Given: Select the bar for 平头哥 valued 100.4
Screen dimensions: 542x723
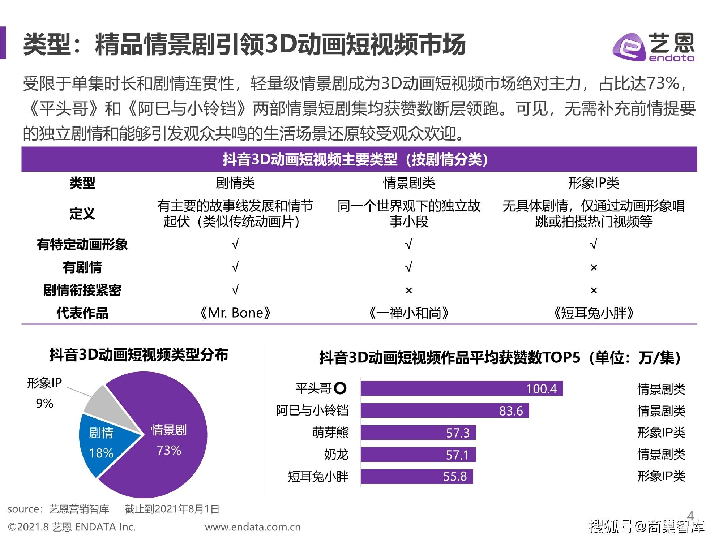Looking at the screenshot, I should (461, 388).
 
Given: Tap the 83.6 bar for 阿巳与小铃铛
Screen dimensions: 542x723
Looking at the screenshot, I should (445, 410).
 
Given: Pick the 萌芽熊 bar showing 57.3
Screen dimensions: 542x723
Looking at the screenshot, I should (418, 433).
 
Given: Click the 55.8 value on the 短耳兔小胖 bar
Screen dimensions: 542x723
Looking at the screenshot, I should (455, 476).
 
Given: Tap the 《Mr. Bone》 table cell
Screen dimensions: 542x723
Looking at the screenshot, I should (235, 313).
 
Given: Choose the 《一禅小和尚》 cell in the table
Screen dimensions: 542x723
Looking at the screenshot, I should (408, 313).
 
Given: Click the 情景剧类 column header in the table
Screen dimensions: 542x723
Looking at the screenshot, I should (408, 183).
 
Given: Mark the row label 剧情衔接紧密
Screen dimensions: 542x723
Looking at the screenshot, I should (82, 290).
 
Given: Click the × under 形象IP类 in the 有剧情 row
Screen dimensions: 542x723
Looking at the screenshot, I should (594, 268).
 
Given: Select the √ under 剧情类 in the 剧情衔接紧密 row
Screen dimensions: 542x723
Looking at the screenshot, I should (235, 290).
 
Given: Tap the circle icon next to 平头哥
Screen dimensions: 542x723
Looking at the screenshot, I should (340, 388).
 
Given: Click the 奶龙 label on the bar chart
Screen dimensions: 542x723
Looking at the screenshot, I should (336, 455).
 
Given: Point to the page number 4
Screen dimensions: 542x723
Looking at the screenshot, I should (690, 516).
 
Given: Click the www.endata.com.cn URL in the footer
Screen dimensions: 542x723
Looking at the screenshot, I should (253, 527).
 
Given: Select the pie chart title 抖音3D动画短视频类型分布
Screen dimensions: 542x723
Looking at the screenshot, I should (139, 355).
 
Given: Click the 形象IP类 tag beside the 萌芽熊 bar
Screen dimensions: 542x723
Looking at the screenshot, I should (661, 433).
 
